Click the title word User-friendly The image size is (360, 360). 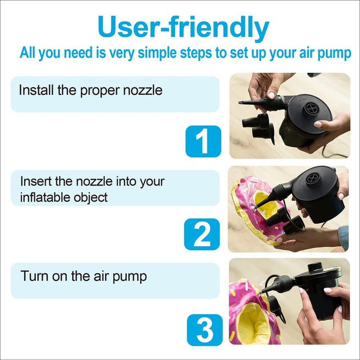point(183,28)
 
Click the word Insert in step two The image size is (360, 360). point(36,181)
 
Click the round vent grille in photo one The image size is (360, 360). point(311,108)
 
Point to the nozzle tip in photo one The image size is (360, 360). point(241,103)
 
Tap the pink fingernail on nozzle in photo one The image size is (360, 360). point(272,95)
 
